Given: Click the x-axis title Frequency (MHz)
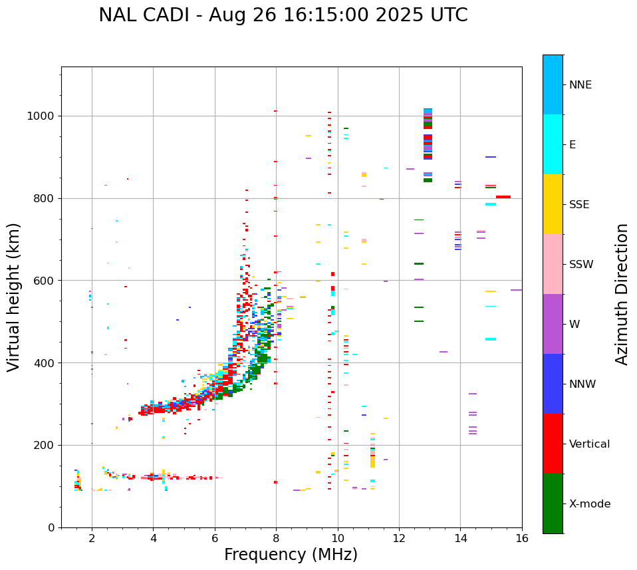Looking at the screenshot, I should pos(291,555).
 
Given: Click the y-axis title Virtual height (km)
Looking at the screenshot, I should pos(14,297).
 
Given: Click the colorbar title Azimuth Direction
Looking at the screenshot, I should pos(622,294).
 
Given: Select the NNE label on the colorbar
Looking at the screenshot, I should pos(580,85).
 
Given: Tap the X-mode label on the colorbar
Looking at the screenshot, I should pos(589,504).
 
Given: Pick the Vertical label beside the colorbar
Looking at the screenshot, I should pos(589,444).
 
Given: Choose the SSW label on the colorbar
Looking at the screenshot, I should pos(581,265).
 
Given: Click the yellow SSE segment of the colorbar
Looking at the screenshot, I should pos(553,204).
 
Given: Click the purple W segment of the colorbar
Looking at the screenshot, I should pos(553,324).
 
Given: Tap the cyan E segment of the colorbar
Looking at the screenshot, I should pos(553,144).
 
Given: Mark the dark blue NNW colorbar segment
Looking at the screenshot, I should pos(553,384).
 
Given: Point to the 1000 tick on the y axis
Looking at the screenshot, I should pos(43,116).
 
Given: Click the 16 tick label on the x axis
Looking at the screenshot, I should pos(522,537).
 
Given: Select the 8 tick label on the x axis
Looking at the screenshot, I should pos(276,537).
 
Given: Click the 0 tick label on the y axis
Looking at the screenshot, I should pos(52,527).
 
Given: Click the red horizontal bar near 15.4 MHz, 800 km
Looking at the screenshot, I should pos(503,197).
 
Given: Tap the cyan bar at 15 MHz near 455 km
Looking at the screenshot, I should pos(491,339).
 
